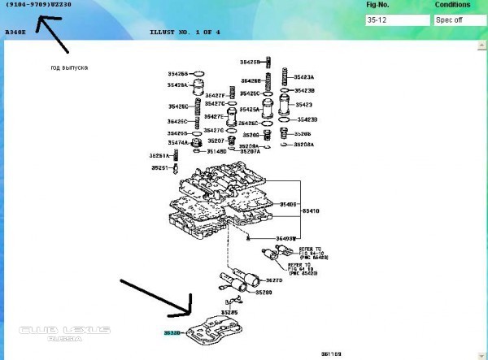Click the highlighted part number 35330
coord(171,332)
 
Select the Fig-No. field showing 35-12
coord(398,20)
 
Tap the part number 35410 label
coord(312,210)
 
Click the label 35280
coord(265,292)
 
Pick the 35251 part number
coord(159,168)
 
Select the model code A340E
coord(15,33)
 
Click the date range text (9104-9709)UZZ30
coord(37,5)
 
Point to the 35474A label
coord(178,142)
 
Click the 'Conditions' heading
coord(452,5)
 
